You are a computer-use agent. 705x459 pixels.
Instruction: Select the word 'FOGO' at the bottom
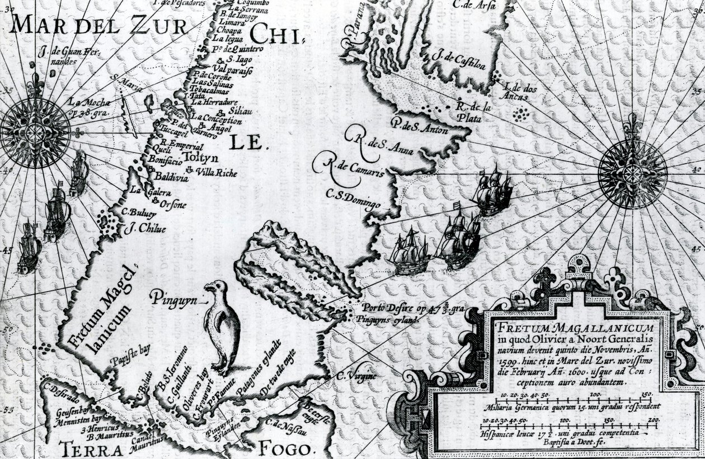click(x=284, y=449)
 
